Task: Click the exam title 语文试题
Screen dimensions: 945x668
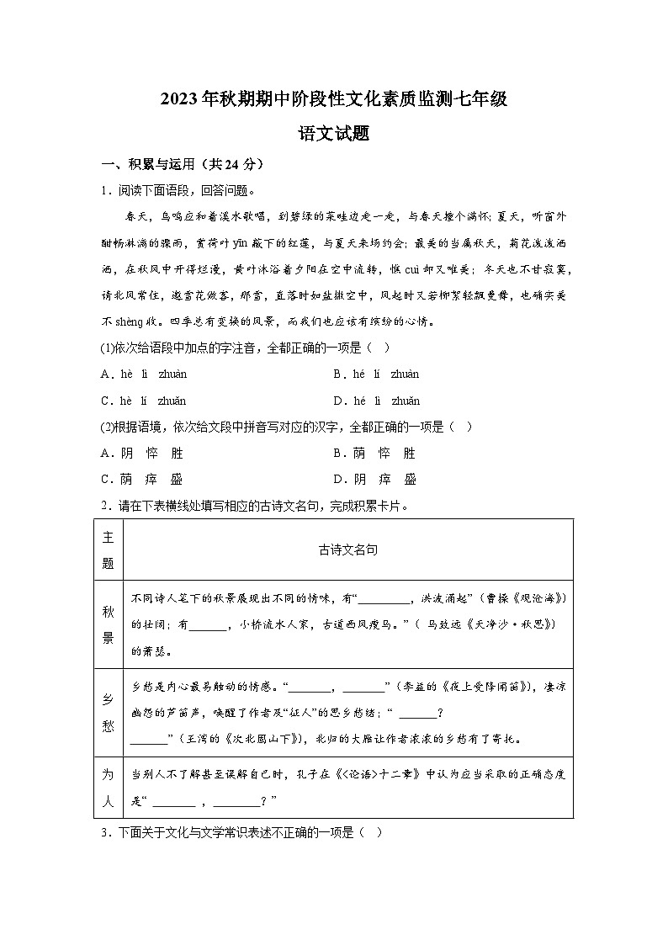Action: pos(334,133)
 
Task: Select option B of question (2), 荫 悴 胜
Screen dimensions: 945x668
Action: pos(374,454)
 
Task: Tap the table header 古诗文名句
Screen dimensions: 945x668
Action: pos(347,549)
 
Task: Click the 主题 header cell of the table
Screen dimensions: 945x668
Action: pos(108,549)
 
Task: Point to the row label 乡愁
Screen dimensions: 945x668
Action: pos(108,712)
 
